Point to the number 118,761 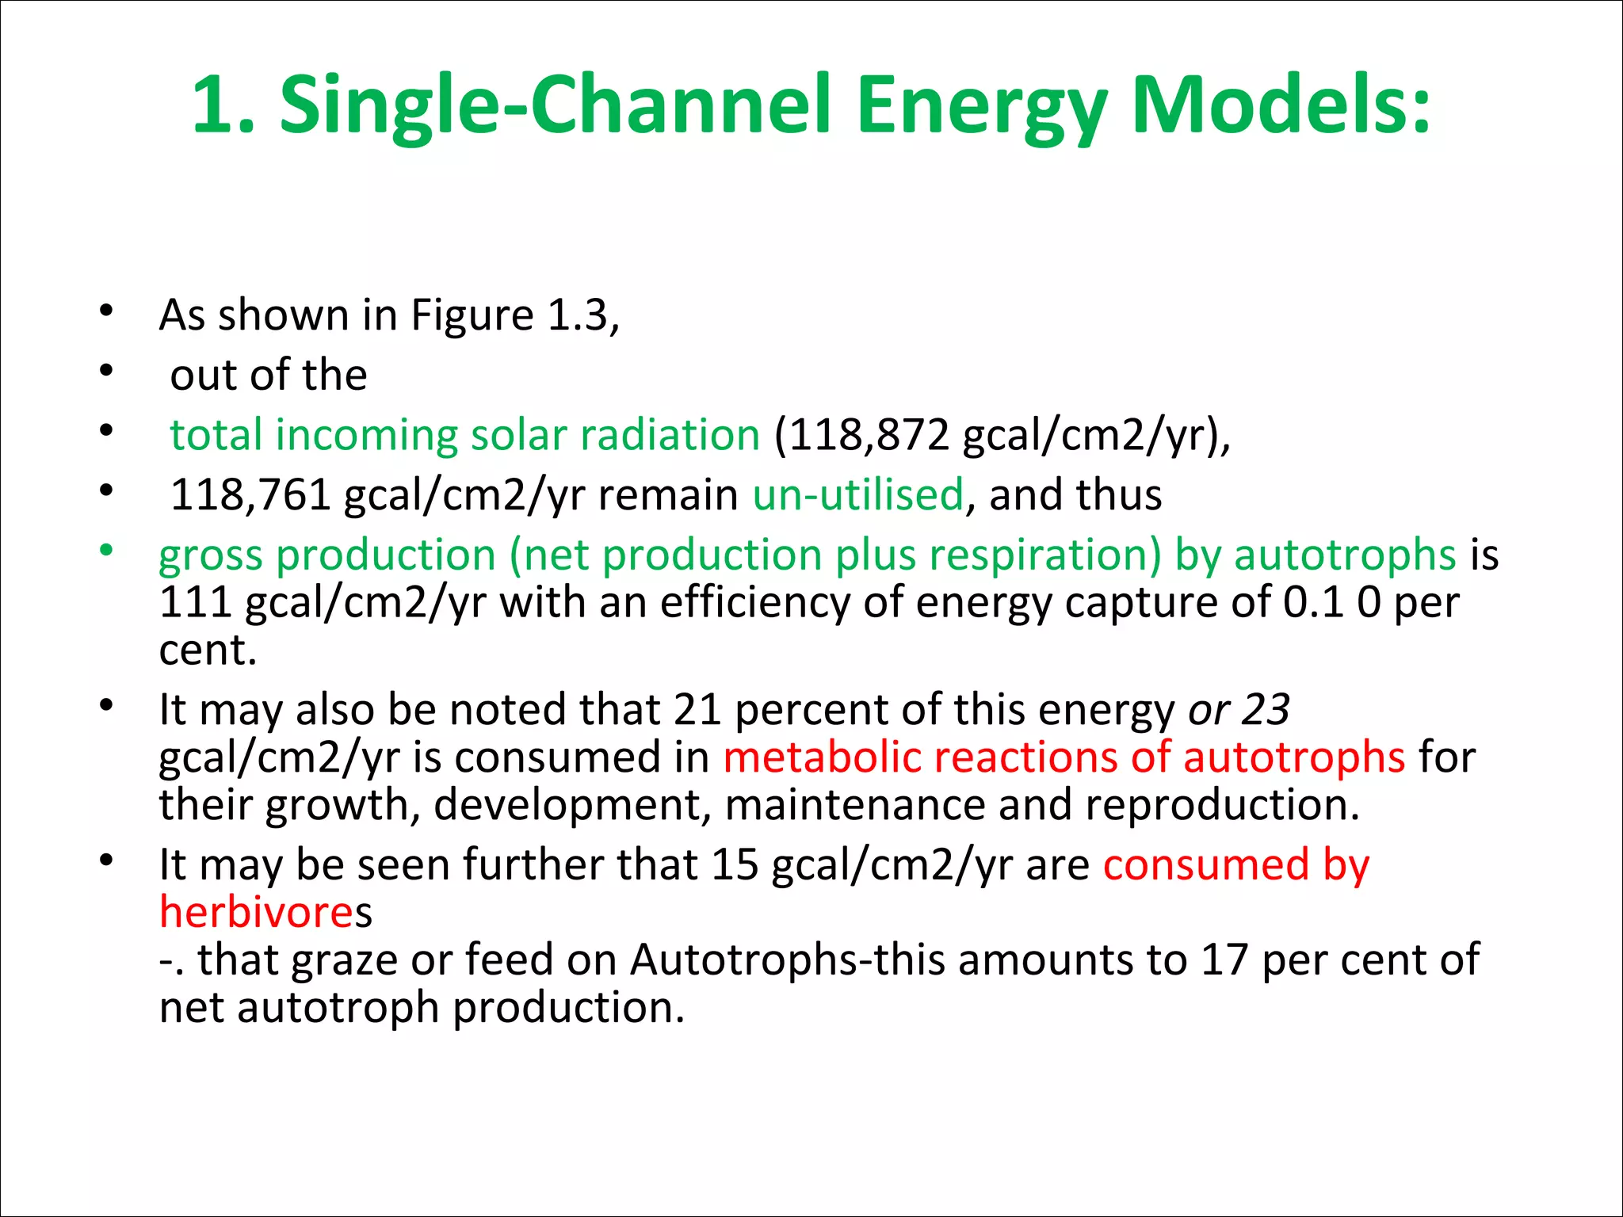(250, 495)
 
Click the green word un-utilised (858, 495)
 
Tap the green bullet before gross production (106, 550)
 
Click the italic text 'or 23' (1239, 709)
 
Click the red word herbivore (256, 912)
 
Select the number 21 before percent (697, 709)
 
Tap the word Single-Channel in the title (555, 107)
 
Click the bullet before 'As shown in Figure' (106, 311)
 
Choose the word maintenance (854, 805)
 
